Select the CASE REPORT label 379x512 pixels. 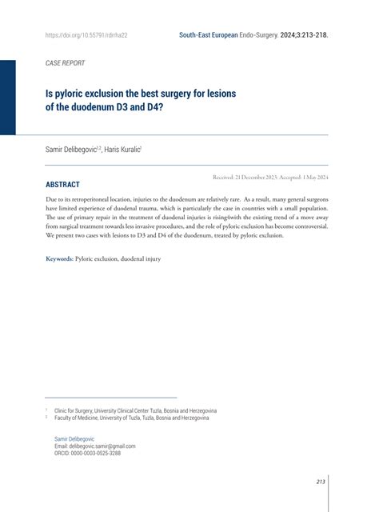pos(65,62)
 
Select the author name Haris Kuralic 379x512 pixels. pos(122,149)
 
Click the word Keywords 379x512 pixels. pos(59,258)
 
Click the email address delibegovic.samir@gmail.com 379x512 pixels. pos(94,446)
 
